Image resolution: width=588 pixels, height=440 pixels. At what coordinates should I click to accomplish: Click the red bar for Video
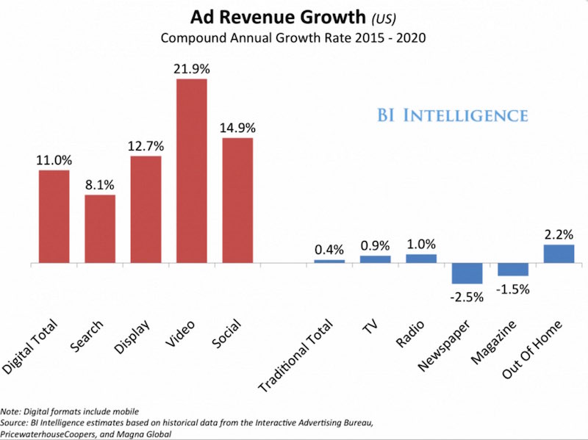[191, 170]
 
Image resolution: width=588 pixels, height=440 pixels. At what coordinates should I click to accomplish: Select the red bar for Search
[100, 228]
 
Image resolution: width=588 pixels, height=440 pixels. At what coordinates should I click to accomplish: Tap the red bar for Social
[237, 200]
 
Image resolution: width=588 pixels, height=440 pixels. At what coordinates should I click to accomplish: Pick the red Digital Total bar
[54, 216]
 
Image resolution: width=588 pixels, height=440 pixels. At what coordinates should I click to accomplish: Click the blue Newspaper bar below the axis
[467, 273]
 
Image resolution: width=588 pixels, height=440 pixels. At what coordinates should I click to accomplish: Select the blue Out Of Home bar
[559, 253]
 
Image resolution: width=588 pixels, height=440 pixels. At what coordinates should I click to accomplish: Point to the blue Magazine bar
[512, 270]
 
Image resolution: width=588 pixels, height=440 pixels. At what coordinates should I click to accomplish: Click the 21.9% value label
[191, 68]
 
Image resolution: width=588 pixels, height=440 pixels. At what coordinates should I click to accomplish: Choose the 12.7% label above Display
[146, 145]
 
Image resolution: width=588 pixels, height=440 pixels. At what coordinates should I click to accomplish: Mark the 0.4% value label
[329, 249]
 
